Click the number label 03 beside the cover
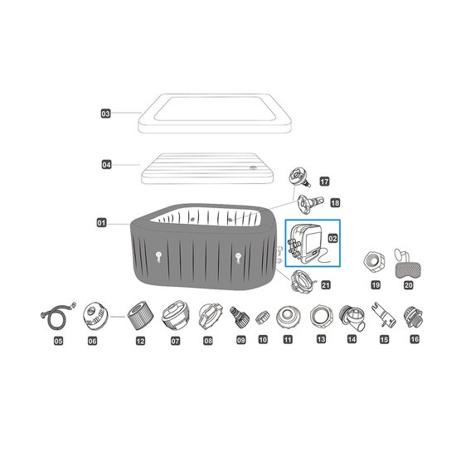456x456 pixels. [106, 114]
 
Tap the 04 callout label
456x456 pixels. [106, 165]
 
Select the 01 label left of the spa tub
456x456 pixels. [101, 223]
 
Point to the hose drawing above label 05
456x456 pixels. [58, 316]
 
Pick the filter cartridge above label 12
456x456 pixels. [140, 316]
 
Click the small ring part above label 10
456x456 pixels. [262, 318]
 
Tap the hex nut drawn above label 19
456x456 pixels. [375, 262]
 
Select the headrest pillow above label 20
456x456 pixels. [408, 263]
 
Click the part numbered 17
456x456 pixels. [300, 177]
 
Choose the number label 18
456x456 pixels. [335, 202]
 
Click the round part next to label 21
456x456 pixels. [303, 282]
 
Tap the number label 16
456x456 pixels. [415, 339]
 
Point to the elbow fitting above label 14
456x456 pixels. [352, 318]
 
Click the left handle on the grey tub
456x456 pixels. [158, 256]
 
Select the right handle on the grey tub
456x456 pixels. [239, 257]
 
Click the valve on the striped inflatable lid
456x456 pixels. [253, 167]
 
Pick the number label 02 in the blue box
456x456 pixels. [332, 239]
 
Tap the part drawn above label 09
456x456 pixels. [240, 317]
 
